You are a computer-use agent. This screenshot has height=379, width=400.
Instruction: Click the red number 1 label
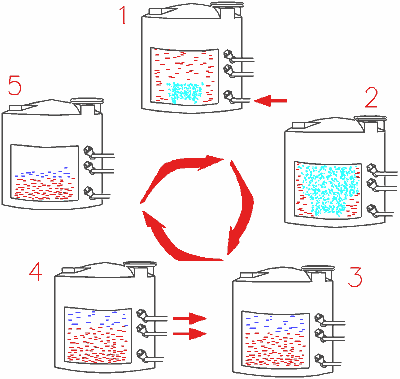(x=124, y=15)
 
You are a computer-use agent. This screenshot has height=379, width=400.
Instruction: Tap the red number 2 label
(x=371, y=98)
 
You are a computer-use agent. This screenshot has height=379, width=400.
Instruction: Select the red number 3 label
(x=355, y=277)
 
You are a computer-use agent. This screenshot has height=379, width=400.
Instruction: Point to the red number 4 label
(x=36, y=271)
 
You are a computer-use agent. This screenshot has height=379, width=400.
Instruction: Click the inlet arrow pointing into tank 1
(x=270, y=100)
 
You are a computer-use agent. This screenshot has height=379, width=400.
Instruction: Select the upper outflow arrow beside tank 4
(x=190, y=318)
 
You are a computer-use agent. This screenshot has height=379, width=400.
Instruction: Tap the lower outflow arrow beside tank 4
(x=190, y=333)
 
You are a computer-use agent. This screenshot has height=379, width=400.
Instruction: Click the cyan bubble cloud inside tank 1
(x=185, y=92)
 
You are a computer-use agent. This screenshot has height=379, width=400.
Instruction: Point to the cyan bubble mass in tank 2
(x=328, y=188)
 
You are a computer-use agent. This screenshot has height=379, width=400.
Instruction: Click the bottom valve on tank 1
(x=228, y=96)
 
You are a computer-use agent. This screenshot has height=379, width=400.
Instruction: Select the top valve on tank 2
(x=371, y=169)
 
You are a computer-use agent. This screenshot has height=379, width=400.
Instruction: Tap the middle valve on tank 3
(x=320, y=334)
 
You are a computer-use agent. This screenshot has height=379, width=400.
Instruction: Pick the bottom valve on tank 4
(x=142, y=354)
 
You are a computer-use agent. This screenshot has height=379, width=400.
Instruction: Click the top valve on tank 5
(x=88, y=151)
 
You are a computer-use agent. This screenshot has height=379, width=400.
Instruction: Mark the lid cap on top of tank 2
(x=370, y=119)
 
